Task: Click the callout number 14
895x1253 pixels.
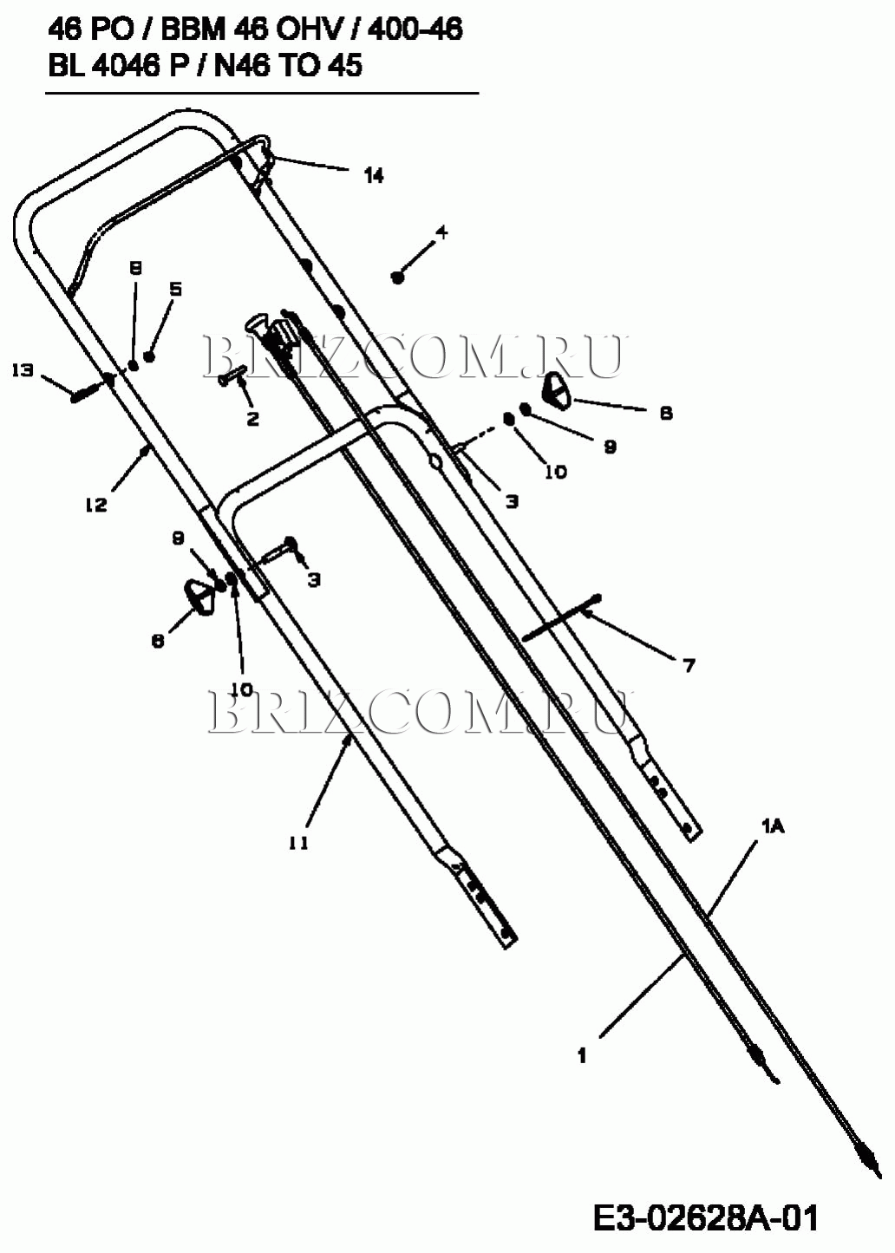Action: click(373, 176)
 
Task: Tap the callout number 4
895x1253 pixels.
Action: click(441, 232)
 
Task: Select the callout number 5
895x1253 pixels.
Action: click(175, 290)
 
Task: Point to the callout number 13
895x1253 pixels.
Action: click(23, 370)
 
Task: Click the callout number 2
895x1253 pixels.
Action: click(252, 419)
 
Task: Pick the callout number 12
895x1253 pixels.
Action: click(95, 505)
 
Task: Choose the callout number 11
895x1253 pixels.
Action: click(298, 842)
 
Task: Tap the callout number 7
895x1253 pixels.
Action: click(689, 666)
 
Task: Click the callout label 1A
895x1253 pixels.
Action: click(773, 827)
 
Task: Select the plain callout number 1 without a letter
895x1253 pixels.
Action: click(582, 1055)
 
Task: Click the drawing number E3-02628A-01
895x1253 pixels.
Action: click(706, 1218)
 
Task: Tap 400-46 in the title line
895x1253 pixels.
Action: click(415, 30)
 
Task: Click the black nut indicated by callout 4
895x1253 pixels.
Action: click(398, 277)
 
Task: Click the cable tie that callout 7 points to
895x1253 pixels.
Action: click(562, 617)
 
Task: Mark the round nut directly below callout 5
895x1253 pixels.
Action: click(150, 356)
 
